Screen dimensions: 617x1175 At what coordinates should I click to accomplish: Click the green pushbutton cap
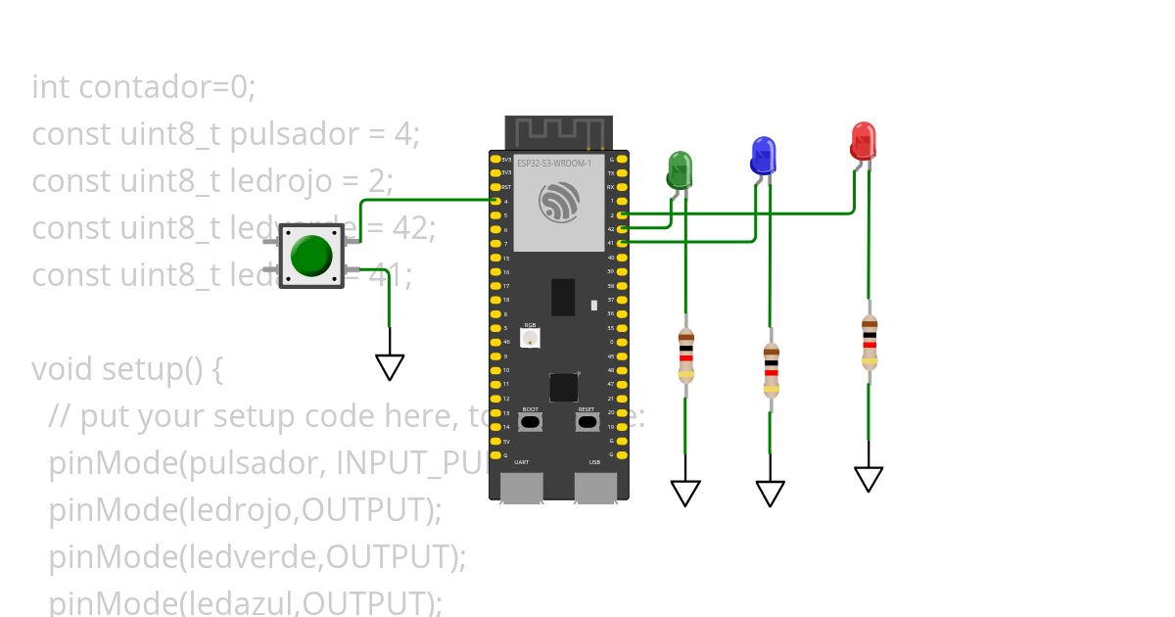pos(311,255)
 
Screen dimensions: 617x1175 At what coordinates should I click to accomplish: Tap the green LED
pos(680,168)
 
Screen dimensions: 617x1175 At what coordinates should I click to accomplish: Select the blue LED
pos(763,155)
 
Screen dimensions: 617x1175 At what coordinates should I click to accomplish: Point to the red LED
pos(863,140)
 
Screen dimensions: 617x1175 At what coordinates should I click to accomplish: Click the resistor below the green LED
pos(685,356)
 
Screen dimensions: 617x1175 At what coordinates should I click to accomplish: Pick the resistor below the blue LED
pos(771,369)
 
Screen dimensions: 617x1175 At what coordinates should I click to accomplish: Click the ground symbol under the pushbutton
pos(390,366)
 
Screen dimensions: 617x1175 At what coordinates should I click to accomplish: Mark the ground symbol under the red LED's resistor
pos(869,479)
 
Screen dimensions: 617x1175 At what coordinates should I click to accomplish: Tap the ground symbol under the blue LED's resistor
pos(771,494)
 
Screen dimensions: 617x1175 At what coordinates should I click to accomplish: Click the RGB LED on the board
pos(530,338)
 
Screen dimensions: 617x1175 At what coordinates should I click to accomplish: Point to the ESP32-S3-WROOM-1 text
pos(553,164)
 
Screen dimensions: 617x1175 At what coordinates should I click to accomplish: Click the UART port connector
pos(522,487)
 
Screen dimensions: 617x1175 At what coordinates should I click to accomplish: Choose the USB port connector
pos(594,487)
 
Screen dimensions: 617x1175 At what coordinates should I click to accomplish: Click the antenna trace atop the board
pos(559,130)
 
